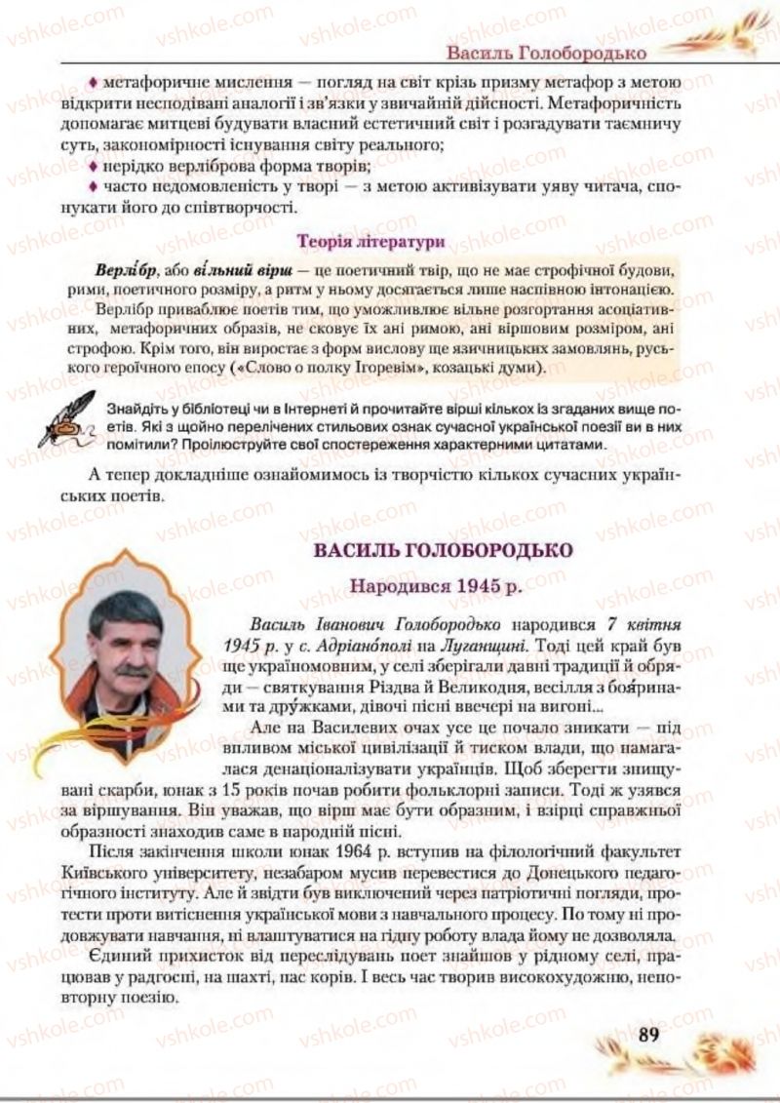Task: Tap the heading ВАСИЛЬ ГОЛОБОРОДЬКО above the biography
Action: (442, 550)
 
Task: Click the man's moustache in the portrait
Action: (133, 671)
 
